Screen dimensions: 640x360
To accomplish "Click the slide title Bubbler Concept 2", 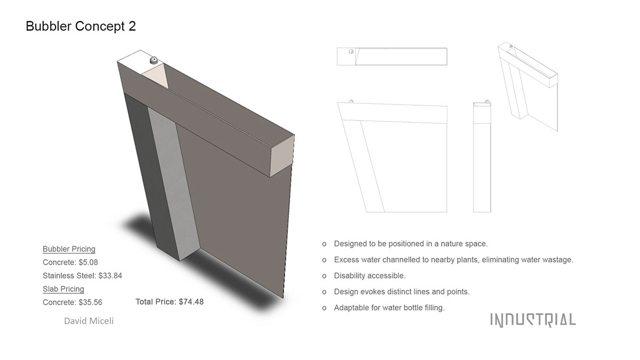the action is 81,26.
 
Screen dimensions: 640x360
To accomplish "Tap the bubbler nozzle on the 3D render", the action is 154,60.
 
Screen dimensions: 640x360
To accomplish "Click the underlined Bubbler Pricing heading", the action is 69,249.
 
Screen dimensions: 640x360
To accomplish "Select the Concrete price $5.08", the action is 70,262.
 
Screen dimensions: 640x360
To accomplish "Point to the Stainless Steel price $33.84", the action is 82,276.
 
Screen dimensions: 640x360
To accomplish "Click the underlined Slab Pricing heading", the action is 63,289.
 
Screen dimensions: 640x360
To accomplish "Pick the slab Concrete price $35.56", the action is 73,302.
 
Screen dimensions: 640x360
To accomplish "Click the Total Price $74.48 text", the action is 170,302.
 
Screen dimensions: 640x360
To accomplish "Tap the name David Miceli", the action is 89,321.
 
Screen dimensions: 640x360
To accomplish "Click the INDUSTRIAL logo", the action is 533,320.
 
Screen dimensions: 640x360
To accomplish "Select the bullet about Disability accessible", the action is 370,276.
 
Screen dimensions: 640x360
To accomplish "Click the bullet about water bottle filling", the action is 389,308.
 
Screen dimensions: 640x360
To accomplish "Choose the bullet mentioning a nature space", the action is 411,244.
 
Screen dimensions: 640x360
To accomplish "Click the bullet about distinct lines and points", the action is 402,292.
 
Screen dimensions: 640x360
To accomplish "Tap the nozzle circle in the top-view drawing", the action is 351,51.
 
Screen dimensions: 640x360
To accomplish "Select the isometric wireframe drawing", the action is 527,86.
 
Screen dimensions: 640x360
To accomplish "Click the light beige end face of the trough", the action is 282,156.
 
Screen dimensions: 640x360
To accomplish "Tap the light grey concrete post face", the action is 174,183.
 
